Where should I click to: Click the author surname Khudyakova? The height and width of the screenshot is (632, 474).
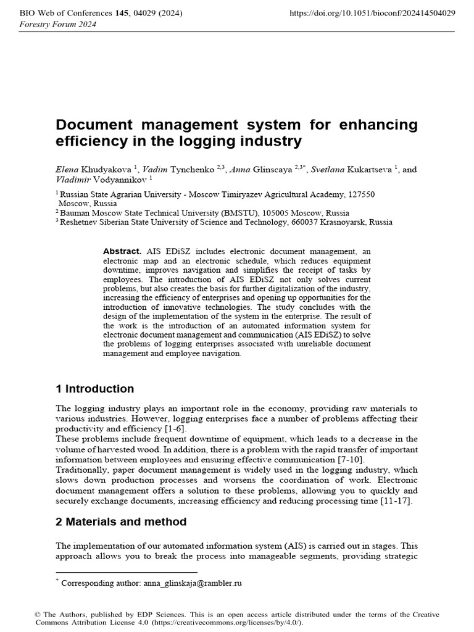tap(108, 170)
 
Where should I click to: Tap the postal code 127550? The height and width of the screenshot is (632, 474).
tap(359, 194)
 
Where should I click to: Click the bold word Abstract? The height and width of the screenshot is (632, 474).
tap(122, 252)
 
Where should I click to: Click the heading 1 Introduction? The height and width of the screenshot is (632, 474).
tap(95, 389)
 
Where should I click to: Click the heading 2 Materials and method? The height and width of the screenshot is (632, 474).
tap(121, 522)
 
